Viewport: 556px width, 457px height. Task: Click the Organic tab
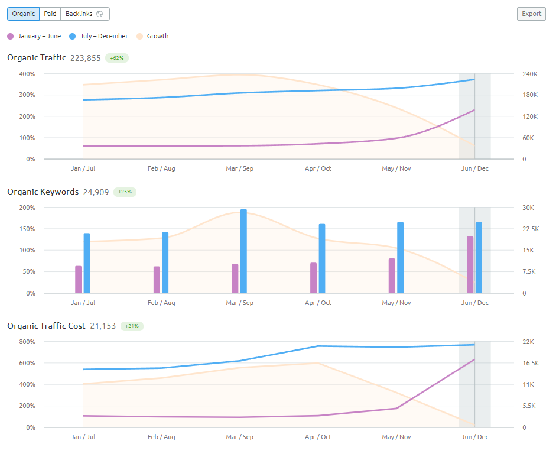pyautogui.click(x=24, y=14)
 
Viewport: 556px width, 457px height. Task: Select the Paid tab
pyautogui.click(x=50, y=14)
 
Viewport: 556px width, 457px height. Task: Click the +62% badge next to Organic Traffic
pyautogui.click(x=117, y=58)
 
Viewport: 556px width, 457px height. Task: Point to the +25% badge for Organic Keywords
pyautogui.click(x=125, y=192)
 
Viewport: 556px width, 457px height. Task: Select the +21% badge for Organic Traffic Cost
pyautogui.click(x=132, y=326)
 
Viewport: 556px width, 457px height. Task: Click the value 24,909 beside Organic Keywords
pyautogui.click(x=96, y=192)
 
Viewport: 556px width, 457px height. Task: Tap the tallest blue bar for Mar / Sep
pyautogui.click(x=243, y=251)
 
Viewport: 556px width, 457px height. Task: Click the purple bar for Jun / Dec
pyautogui.click(x=470, y=264)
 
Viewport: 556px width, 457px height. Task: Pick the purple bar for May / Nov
pyautogui.click(x=392, y=276)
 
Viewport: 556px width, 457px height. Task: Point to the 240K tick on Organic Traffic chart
pyautogui.click(x=529, y=74)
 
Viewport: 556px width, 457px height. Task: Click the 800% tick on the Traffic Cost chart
pyautogui.click(x=28, y=342)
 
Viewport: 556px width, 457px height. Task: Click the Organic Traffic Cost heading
pyautogui.click(x=46, y=326)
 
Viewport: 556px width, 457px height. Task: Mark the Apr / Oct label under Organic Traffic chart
pyautogui.click(x=318, y=168)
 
